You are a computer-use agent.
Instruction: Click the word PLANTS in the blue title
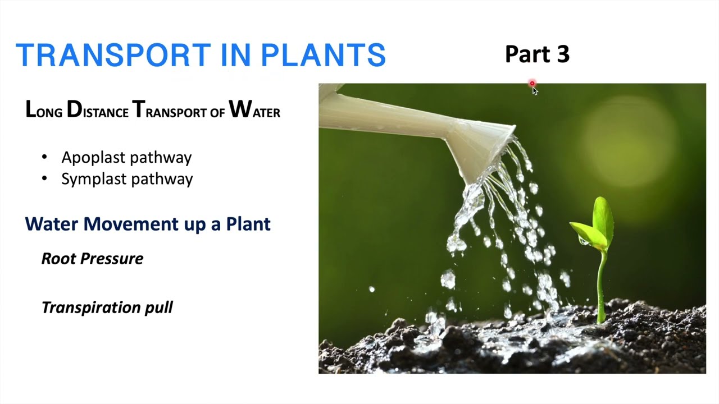(x=323, y=55)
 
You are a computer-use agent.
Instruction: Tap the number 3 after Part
(x=561, y=54)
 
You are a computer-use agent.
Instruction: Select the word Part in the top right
(x=526, y=54)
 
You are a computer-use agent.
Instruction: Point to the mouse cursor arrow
(x=534, y=90)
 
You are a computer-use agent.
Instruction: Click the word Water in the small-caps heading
(x=254, y=111)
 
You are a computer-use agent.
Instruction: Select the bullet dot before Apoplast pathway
(x=45, y=158)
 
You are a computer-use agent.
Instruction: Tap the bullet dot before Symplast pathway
(x=45, y=179)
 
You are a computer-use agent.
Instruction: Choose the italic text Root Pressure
(x=92, y=259)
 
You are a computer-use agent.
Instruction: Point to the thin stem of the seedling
(x=602, y=286)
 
